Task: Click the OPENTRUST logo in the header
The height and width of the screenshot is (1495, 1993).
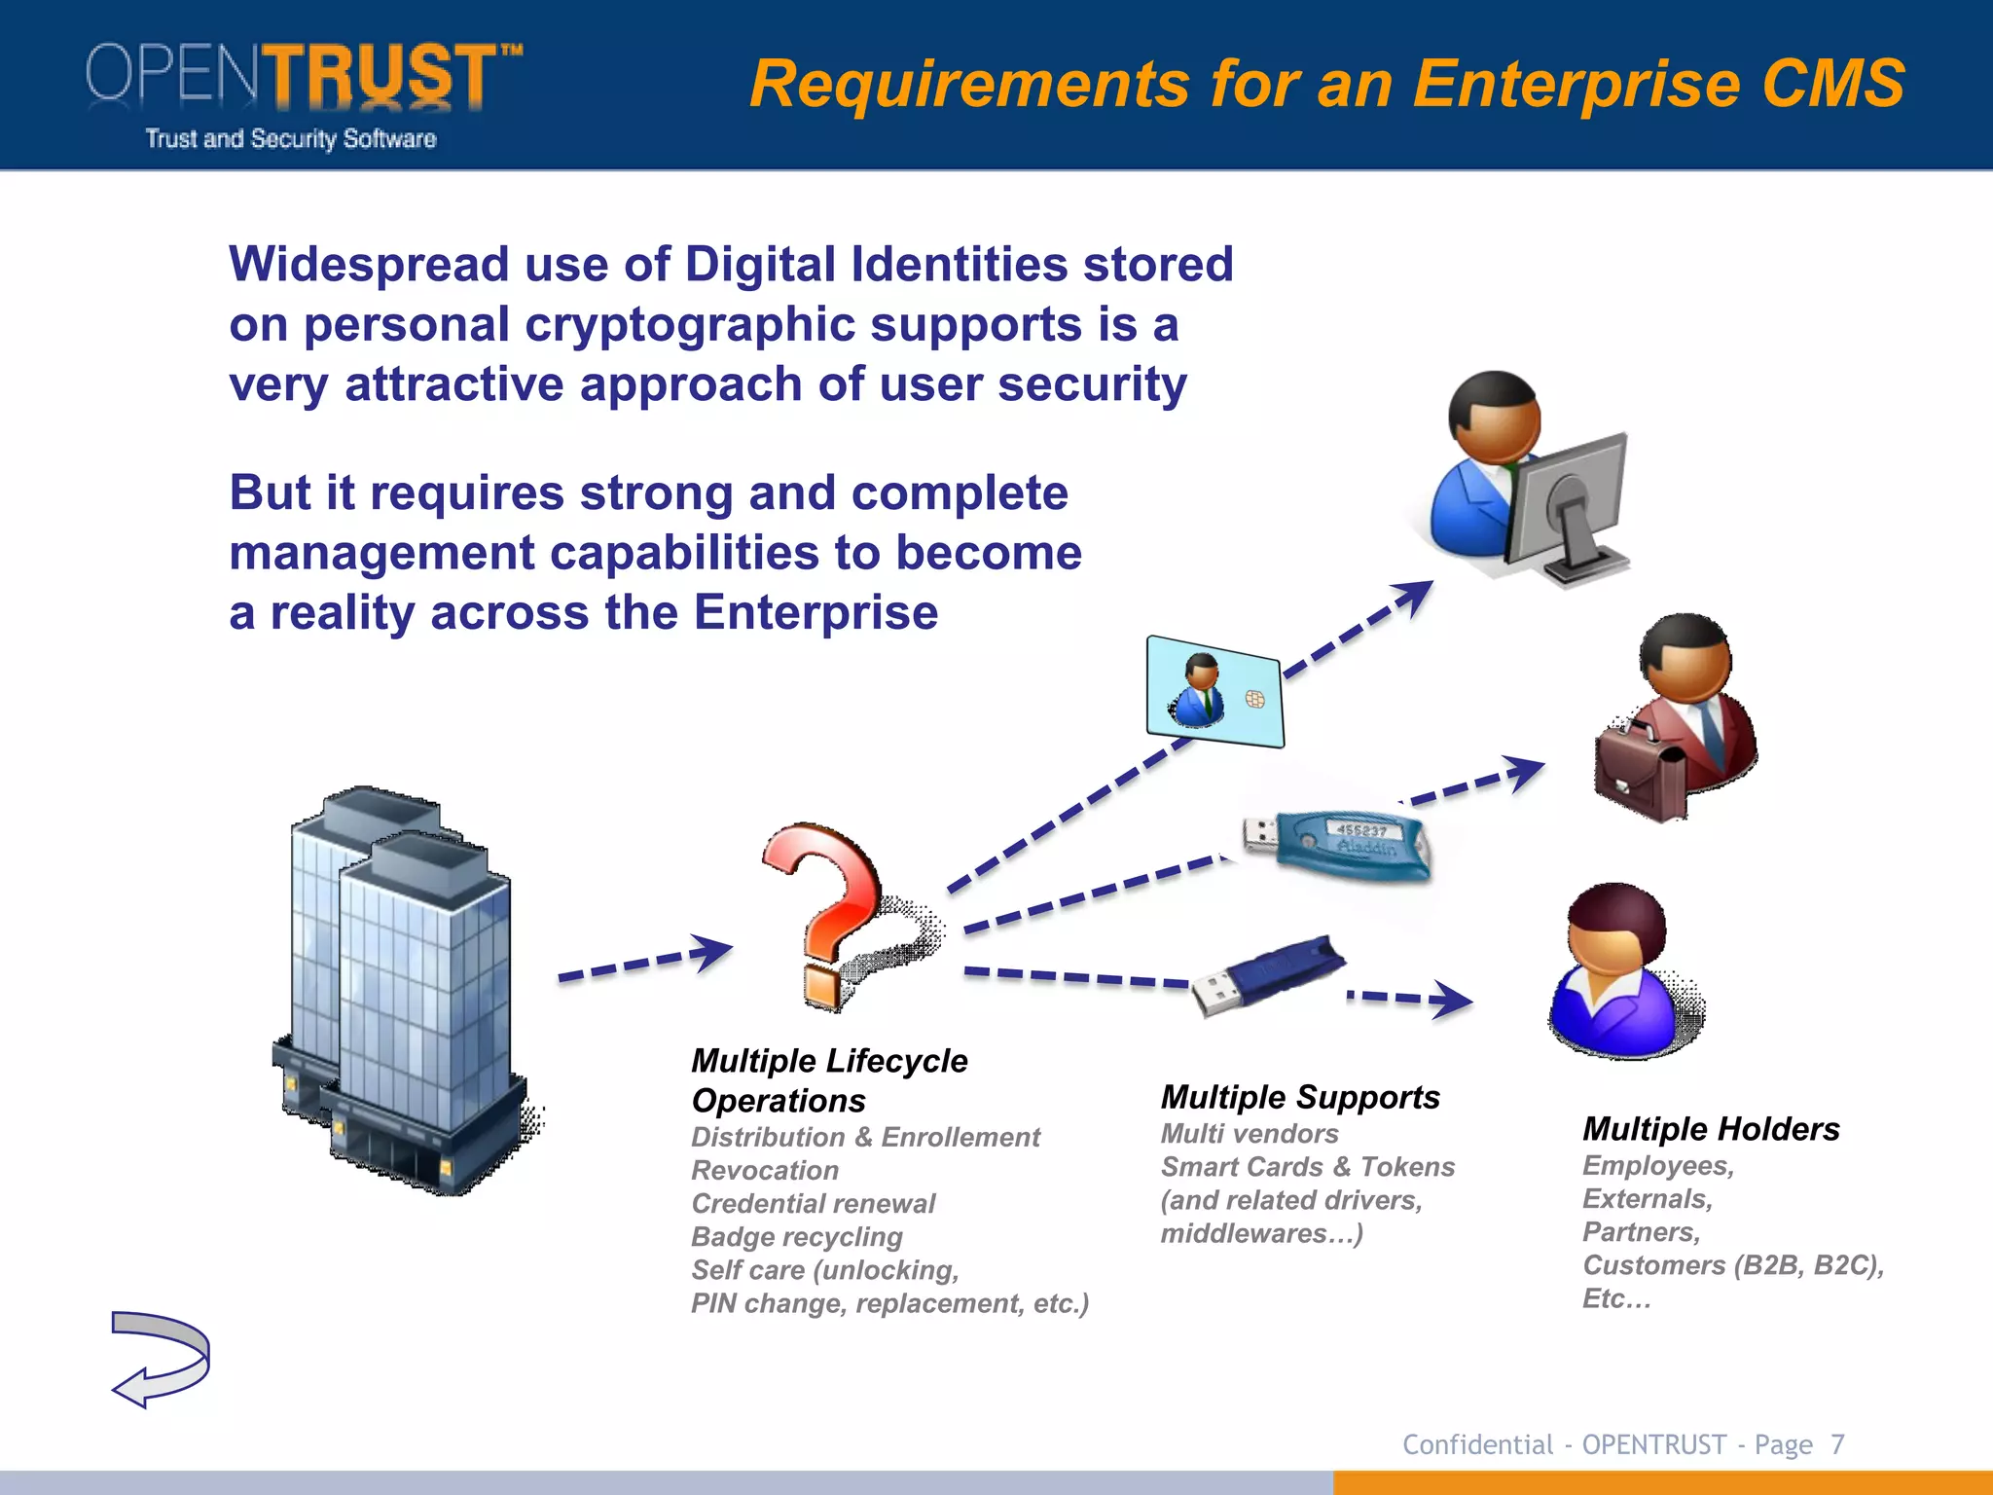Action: [x=302, y=92]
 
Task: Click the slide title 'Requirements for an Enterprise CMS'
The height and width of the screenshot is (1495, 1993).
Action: [x=1326, y=84]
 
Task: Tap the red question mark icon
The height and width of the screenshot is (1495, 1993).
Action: [x=827, y=910]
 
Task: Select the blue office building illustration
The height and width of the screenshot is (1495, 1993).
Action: [x=404, y=988]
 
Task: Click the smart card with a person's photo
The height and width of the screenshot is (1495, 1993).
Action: [x=1214, y=692]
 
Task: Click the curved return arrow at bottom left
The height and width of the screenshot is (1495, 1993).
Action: [x=161, y=1358]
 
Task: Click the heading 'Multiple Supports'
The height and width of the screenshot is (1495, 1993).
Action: [x=1300, y=1097]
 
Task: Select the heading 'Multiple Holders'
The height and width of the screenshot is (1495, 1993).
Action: [x=1711, y=1128]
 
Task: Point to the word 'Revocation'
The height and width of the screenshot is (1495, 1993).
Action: [x=765, y=1170]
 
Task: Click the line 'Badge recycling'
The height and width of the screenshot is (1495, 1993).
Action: [x=797, y=1236]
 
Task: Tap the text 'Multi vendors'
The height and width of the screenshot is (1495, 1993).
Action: [x=1250, y=1133]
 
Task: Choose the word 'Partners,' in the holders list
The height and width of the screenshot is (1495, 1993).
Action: [x=1641, y=1231]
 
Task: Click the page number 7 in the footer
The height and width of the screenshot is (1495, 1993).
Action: [x=1837, y=1444]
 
